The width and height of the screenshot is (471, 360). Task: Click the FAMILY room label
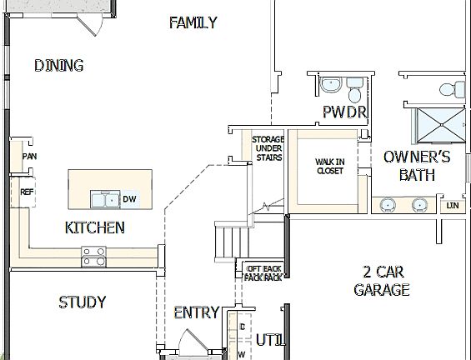click(193, 22)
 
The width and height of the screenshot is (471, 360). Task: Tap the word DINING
click(58, 65)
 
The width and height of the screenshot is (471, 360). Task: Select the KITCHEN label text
click(94, 227)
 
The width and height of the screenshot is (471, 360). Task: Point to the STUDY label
click(82, 302)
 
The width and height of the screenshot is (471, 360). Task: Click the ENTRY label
click(196, 312)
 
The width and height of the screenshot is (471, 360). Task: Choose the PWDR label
click(344, 112)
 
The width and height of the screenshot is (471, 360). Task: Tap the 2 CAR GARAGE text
click(382, 281)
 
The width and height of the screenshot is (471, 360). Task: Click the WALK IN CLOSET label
click(329, 166)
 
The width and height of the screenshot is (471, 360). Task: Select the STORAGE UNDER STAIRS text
click(268, 147)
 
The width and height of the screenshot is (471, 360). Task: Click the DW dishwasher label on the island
click(129, 199)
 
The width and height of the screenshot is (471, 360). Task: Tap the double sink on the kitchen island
click(105, 199)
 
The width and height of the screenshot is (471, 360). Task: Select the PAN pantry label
click(29, 156)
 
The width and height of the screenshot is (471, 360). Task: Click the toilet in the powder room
click(353, 85)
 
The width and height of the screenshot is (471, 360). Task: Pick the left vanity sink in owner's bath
click(388, 204)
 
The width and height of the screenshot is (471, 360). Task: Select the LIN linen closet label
click(453, 205)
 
